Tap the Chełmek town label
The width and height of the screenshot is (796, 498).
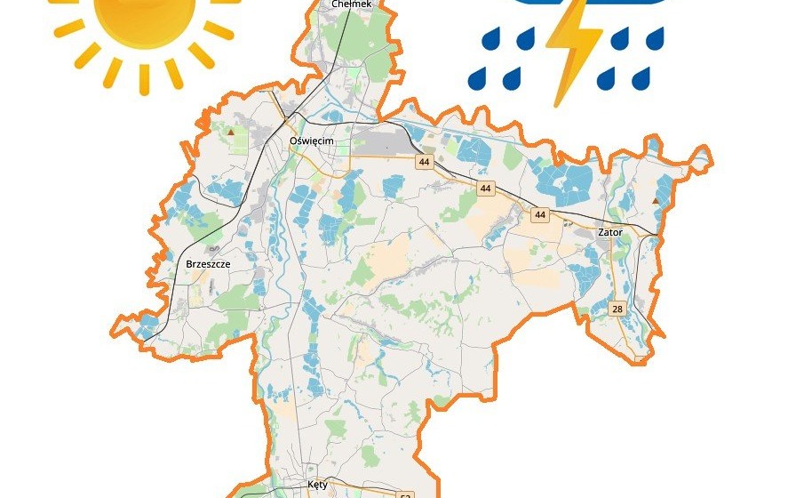(349, 4)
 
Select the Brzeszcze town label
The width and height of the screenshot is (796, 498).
(208, 264)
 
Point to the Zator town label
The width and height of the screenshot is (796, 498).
(610, 232)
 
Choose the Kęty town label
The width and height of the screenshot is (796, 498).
(317, 486)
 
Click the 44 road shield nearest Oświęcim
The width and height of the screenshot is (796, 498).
(424, 162)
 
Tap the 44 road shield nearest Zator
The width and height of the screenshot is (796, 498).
(540, 214)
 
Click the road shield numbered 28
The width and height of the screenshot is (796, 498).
(617, 309)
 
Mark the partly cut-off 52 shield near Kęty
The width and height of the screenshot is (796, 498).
(406, 494)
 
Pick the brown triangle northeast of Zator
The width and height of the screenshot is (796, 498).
(656, 202)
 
